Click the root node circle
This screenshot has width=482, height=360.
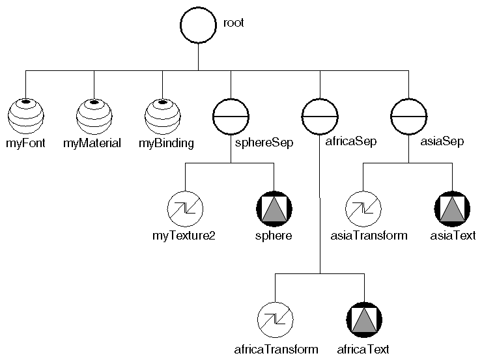198,27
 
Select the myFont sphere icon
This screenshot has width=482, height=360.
25,117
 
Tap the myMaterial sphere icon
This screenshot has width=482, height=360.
94,117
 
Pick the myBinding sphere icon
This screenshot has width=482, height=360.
163,117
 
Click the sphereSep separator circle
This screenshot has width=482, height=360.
231,117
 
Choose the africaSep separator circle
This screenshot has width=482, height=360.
320,117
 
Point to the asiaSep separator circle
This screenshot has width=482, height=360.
408,117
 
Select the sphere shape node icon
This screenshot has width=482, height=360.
274,209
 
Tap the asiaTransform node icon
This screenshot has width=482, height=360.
362,209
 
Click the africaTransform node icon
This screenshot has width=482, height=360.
275,320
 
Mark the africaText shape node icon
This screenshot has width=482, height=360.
363,320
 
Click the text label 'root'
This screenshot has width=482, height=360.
233,23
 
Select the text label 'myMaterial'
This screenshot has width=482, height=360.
92,143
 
